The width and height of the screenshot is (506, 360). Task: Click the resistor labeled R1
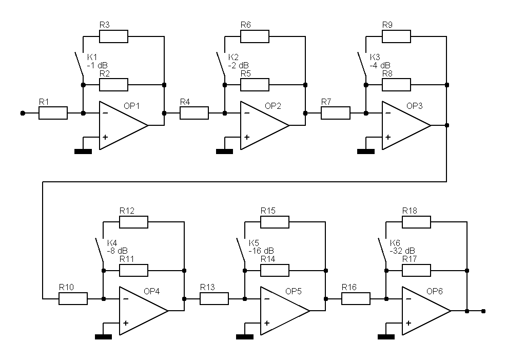click(53, 113)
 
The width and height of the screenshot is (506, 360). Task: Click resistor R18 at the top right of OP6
click(416, 222)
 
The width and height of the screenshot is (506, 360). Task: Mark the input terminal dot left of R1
click(22, 113)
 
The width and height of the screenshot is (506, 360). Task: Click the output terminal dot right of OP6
click(483, 311)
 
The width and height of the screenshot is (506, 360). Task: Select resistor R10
click(73, 298)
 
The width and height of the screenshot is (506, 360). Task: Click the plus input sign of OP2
click(247, 137)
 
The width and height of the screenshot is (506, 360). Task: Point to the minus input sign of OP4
click(126, 299)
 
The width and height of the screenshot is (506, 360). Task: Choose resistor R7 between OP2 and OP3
click(335, 113)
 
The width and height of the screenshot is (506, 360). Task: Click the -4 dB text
click(380, 65)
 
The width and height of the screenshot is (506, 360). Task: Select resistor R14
click(275, 270)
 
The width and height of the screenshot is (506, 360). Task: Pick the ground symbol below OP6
click(385, 336)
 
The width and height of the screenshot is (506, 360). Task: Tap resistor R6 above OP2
click(255, 36)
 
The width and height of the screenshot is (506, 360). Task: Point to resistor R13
click(214, 298)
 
